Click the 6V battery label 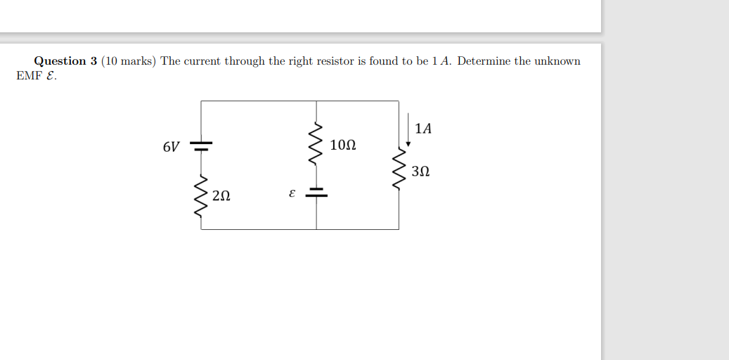(x=171, y=147)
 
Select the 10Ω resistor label (x=342, y=146)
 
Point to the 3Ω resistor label (x=420, y=171)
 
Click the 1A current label (x=423, y=129)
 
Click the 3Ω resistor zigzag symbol (x=399, y=169)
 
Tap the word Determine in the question (x=484, y=61)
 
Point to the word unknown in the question (x=557, y=61)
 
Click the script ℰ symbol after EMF (x=49, y=75)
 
